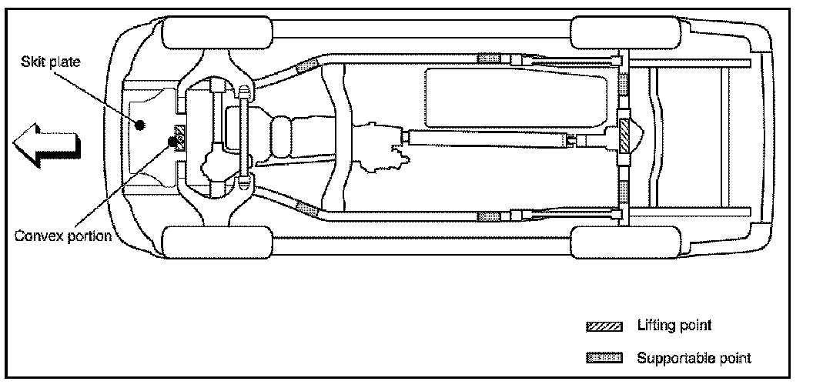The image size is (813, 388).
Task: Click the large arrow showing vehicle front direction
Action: point(45,144)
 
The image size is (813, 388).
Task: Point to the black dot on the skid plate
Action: point(139,125)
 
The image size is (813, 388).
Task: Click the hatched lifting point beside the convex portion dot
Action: point(181,137)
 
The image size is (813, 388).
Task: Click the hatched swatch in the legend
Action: point(603,326)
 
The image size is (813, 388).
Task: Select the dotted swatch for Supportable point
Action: point(603,357)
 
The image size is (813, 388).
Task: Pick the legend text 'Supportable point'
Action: point(693,357)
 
